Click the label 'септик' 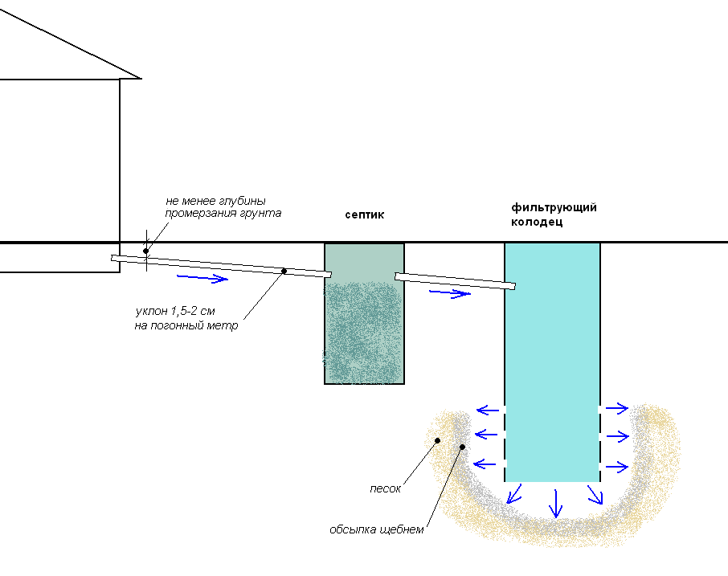[x=365, y=214]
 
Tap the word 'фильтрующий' [x=554, y=208]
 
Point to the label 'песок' [x=385, y=488]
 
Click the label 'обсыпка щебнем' [x=375, y=529]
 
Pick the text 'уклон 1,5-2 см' [x=176, y=311]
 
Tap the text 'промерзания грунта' [x=223, y=213]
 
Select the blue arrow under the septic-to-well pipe [x=449, y=293]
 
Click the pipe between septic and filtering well [x=455, y=280]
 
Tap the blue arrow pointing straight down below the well [x=554, y=504]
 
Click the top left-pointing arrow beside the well [x=486, y=408]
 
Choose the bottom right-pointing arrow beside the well [x=617, y=466]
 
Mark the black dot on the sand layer [x=437, y=440]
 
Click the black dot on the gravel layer [x=462, y=447]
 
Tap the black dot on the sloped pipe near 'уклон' [x=284, y=271]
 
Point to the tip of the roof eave [x=140, y=78]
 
